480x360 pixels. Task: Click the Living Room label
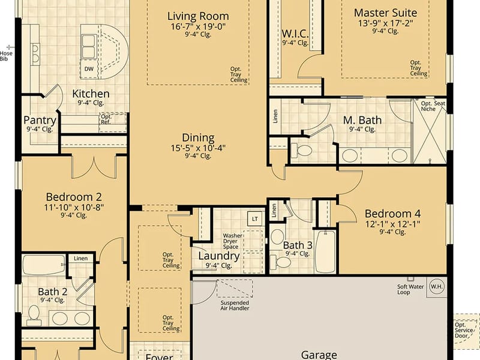click(x=198, y=16)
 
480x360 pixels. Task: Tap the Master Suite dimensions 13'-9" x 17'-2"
click(x=385, y=23)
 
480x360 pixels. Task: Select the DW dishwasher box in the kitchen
click(x=89, y=69)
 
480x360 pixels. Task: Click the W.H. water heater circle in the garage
click(x=436, y=287)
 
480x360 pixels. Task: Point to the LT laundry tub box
click(x=255, y=218)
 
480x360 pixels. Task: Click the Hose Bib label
click(x=6, y=56)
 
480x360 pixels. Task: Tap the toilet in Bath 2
click(x=34, y=316)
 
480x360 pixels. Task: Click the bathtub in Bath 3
click(x=325, y=251)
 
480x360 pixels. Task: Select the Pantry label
click(x=40, y=120)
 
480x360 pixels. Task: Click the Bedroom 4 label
click(x=392, y=214)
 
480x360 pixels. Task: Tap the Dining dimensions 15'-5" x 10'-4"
click(x=198, y=148)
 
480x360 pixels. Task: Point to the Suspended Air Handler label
click(x=235, y=305)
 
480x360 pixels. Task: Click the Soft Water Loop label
click(x=410, y=289)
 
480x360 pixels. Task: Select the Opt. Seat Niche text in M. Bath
click(x=433, y=106)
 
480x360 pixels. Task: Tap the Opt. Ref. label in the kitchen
click(x=106, y=119)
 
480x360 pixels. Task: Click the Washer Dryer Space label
click(x=233, y=241)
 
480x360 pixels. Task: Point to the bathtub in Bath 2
click(x=44, y=265)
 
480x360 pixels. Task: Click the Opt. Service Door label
click(x=463, y=330)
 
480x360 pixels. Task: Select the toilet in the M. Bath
click(x=302, y=150)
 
